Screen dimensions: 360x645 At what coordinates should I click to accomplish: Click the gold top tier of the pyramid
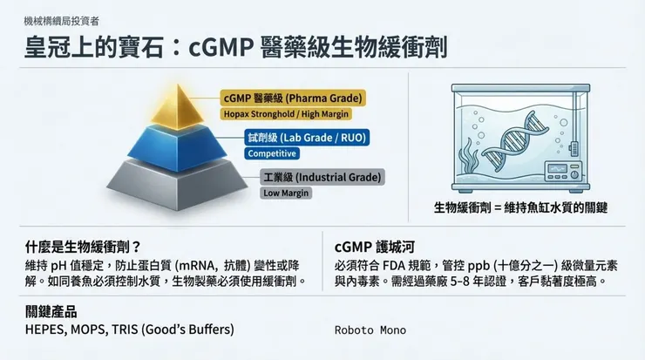pos(193,103)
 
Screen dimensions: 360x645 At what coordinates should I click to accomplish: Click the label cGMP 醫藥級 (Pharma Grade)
pos(292,98)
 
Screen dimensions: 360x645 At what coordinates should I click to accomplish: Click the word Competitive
pos(272,153)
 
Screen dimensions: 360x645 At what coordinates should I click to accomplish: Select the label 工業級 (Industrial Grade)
pos(322,177)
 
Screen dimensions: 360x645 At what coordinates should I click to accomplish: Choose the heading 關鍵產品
pos(52,311)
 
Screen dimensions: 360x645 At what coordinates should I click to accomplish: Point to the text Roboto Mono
pos(370,330)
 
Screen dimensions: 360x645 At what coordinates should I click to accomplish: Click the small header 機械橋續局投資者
pos(60,17)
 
